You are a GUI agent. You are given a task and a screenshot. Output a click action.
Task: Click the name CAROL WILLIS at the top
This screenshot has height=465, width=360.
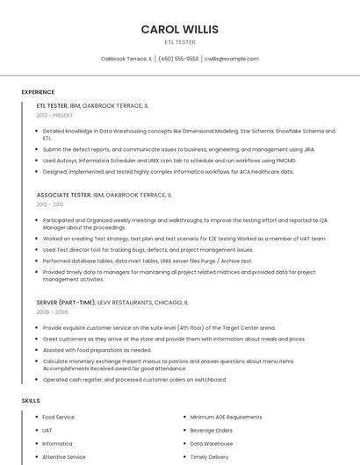point(180,29)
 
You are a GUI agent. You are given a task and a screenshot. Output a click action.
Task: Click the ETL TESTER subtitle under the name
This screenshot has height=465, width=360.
point(180,42)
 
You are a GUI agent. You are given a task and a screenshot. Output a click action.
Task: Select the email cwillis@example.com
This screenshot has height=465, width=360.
point(232,59)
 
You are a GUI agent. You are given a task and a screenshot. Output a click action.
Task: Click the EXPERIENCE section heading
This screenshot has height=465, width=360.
point(38,92)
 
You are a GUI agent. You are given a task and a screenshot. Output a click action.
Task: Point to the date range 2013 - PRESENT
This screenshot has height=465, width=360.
point(54,115)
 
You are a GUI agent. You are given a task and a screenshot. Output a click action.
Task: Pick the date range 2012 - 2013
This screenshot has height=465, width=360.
point(50,204)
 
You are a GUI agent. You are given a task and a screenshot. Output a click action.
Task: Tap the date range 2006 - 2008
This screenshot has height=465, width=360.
point(52,311)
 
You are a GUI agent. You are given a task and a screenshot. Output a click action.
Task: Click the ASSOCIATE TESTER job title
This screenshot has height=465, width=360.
point(64,195)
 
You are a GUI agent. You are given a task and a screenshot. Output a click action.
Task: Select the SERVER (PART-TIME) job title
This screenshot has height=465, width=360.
point(67,302)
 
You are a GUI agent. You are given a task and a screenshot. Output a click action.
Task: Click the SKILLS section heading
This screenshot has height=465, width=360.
point(31,400)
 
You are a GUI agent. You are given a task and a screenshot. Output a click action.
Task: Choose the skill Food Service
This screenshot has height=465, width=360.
point(58,417)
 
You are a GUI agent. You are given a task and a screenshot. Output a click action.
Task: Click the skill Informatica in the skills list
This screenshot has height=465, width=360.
point(57,444)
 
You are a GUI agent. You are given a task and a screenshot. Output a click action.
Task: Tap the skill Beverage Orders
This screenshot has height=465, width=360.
point(211,431)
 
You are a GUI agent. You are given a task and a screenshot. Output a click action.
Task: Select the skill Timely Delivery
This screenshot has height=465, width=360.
point(209,457)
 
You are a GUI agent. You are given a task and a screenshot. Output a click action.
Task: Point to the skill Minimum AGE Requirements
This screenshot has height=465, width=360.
point(226,417)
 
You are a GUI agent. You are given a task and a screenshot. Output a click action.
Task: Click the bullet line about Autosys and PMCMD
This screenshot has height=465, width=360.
point(169,161)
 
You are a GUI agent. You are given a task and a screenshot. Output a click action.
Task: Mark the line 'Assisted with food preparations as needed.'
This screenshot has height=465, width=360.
point(97,349)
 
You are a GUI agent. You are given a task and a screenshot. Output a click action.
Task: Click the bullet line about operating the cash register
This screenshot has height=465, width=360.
point(134,380)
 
